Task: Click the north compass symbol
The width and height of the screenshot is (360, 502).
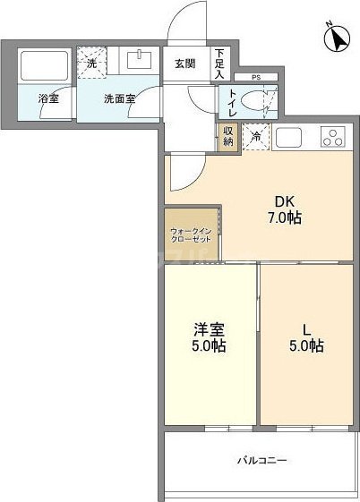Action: pyautogui.click(x=337, y=37)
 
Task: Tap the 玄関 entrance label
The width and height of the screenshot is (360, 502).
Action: pyautogui.click(x=184, y=64)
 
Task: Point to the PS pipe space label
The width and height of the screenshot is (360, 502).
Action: pyautogui.click(x=255, y=78)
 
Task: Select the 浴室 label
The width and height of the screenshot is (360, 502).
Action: pyautogui.click(x=48, y=98)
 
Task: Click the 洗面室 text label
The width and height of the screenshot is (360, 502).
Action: pyautogui.click(x=119, y=98)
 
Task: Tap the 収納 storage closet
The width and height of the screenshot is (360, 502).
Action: pyautogui.click(x=227, y=135)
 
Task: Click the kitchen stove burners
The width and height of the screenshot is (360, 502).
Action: pyautogui.click(x=331, y=138)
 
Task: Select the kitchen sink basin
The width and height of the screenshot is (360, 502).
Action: pyautogui.click(x=290, y=138)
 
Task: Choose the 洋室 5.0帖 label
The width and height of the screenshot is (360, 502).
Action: pyautogui.click(x=208, y=338)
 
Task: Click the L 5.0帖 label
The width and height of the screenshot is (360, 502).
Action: pyautogui.click(x=306, y=338)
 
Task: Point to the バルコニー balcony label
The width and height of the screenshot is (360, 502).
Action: pyautogui.click(x=261, y=460)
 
